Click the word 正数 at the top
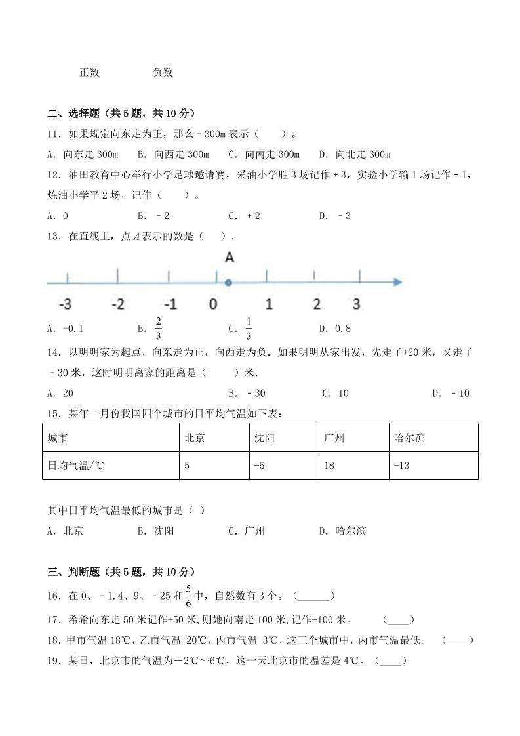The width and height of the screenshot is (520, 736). [89, 73]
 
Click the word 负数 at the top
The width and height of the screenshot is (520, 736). [163, 73]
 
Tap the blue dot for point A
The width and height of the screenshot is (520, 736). [228, 283]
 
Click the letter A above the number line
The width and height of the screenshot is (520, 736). [229, 258]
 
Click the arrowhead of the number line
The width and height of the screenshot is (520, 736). [397, 283]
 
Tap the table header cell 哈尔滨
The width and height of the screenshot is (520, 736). [410, 438]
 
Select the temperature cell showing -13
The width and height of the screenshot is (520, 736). [402, 466]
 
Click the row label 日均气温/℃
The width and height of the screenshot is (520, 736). [76, 466]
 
